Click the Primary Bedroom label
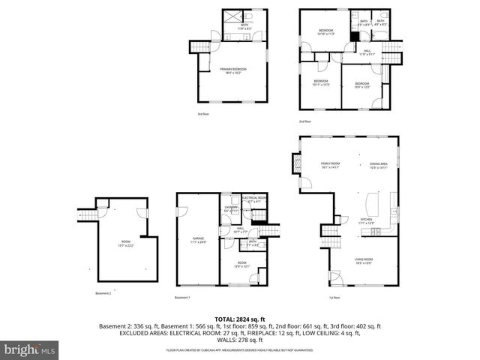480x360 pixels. pos(233,70)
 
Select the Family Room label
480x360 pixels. pos(331,165)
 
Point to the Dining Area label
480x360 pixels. pos(378,165)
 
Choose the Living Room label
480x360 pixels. pos(363,261)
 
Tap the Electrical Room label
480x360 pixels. pos(253,199)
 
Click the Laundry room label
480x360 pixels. pos(231,209)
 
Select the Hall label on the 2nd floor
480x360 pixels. pos(366,52)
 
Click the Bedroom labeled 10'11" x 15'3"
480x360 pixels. pos(321,82)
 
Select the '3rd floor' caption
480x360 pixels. pos(203,114)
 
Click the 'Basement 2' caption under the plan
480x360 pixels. pos(103,293)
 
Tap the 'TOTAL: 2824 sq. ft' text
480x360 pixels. pos(239,319)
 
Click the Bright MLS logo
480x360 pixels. pos(30,349)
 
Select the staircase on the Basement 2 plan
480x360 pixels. pos(88,216)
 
